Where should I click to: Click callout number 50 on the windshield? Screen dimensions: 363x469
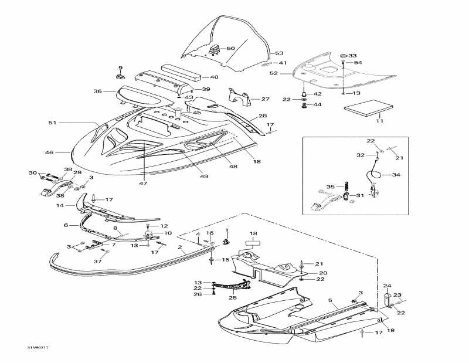230,48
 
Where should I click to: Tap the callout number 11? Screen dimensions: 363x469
379,121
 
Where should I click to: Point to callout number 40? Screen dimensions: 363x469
214,77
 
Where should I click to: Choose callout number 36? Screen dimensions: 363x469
97,91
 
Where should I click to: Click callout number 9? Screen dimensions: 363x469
120,68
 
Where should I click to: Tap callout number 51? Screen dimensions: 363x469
52,123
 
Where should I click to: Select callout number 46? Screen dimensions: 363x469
49,152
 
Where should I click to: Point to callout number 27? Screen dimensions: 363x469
265,99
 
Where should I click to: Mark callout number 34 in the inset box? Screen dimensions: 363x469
396,175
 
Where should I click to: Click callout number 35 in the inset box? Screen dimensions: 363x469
330,186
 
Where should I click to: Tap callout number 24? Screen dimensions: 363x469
387,286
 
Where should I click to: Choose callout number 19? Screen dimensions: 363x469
390,330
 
